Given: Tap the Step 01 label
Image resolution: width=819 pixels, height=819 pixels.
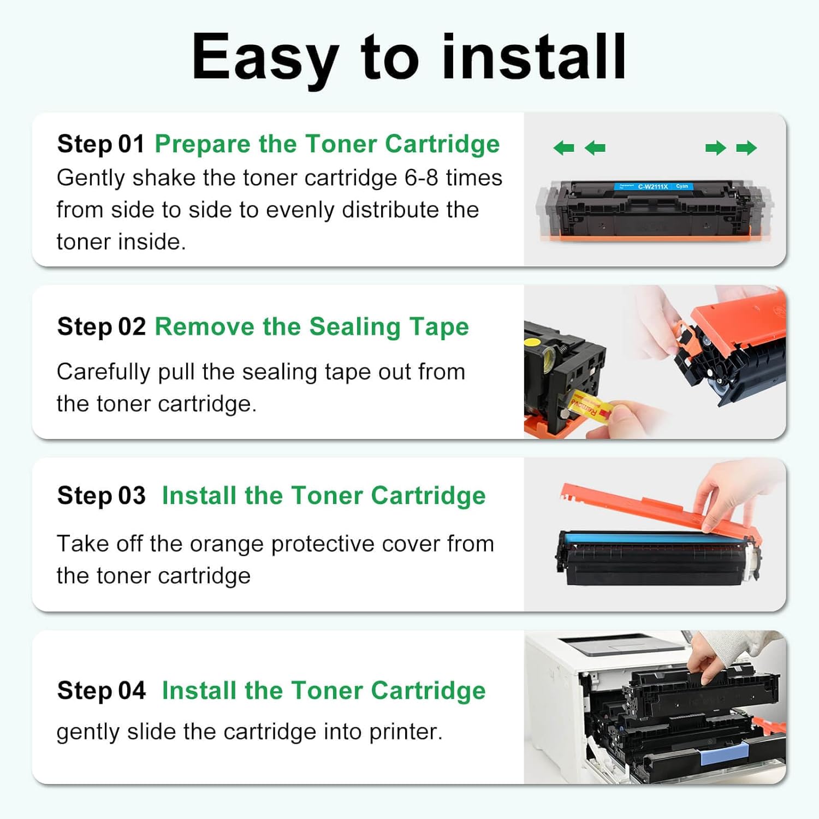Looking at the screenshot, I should pyautogui.click(x=100, y=144).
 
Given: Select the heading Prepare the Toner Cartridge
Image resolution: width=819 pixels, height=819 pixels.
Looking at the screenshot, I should pyautogui.click(x=327, y=144).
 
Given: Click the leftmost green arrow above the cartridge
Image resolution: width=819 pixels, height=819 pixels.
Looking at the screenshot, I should pyautogui.click(x=563, y=148).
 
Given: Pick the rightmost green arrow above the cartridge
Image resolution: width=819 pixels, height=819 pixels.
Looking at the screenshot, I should pyautogui.click(x=746, y=148).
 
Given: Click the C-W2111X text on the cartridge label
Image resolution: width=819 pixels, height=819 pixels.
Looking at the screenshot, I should pyautogui.click(x=652, y=187).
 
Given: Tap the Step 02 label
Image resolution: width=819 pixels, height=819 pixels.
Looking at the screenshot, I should pyautogui.click(x=101, y=327).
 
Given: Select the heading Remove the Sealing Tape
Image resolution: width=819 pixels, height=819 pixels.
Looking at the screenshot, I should pyautogui.click(x=312, y=327).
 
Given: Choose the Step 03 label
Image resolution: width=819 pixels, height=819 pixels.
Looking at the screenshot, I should pyautogui.click(x=101, y=496).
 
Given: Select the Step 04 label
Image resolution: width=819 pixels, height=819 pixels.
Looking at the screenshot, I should pyautogui.click(x=101, y=691).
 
